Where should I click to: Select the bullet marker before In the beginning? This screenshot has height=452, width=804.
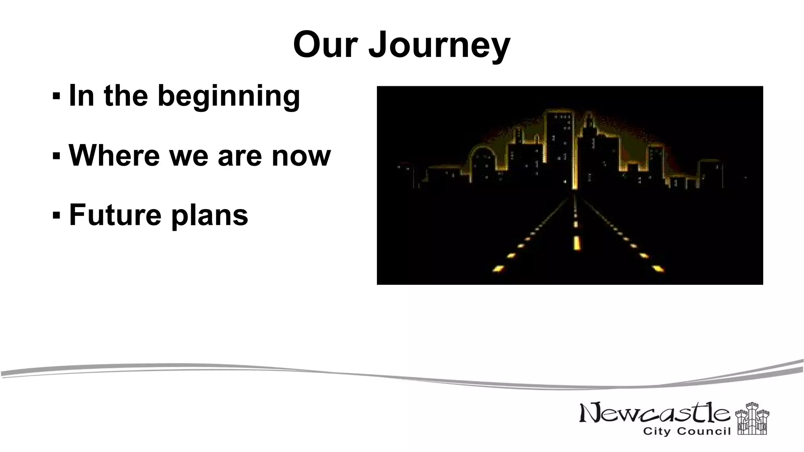click(x=56, y=95)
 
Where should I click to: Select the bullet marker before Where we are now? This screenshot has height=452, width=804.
click(x=56, y=156)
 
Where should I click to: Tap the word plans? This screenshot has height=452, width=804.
click(x=210, y=216)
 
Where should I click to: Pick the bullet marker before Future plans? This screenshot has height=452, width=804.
click(x=56, y=215)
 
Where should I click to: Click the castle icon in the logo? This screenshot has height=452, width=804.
click(x=752, y=419)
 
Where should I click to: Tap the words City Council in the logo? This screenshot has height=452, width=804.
click(x=687, y=432)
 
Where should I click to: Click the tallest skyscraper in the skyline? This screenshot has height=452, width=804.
click(x=559, y=149)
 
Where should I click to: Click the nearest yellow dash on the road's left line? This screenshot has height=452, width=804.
click(x=498, y=269)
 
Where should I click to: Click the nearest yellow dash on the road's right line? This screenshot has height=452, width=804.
click(x=658, y=269)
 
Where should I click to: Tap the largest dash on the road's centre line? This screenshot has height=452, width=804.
click(x=576, y=243)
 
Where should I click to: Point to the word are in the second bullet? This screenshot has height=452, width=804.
click(x=239, y=156)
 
